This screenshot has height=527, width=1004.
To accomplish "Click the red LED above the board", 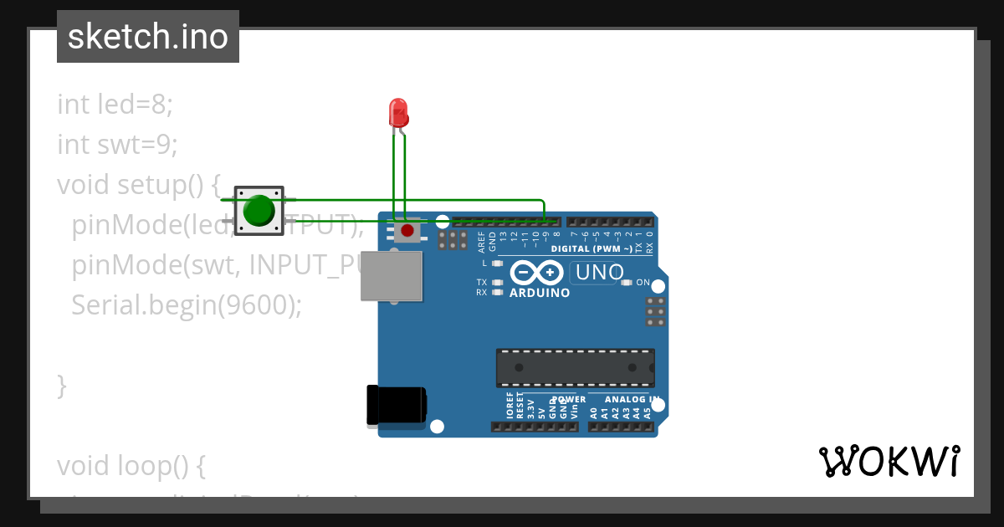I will [398, 111].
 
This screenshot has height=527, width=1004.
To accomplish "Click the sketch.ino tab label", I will [148, 37].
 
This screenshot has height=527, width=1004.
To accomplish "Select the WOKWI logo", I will [889, 461].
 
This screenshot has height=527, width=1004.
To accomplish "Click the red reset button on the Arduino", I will [407, 230].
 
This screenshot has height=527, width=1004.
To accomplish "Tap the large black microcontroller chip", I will [575, 368].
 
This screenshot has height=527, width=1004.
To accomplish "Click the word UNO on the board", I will [599, 273].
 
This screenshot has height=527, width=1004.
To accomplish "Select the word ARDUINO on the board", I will [540, 294].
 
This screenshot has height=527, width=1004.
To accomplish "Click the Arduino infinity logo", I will [537, 273].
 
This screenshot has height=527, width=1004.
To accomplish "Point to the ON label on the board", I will [643, 283].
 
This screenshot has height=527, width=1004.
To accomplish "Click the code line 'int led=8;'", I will [115, 105].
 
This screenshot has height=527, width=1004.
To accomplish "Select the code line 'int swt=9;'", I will [118, 145].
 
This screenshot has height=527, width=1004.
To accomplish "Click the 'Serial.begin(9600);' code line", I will [186, 305].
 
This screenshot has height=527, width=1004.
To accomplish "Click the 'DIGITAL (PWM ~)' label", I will [591, 249].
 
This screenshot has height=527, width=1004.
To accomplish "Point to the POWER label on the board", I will [569, 400].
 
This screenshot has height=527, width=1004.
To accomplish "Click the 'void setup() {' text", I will [138, 185].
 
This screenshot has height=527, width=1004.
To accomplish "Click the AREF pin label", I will [481, 243].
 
